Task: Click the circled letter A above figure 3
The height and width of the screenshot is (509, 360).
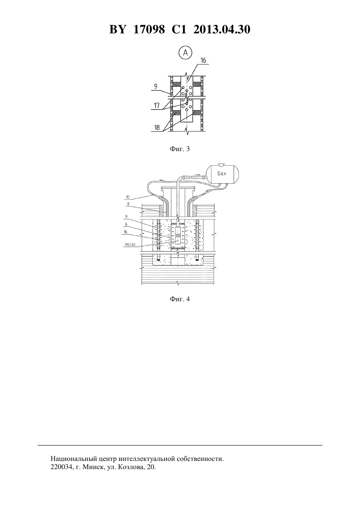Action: (x=186, y=53)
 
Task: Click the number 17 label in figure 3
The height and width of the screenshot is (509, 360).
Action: (x=156, y=106)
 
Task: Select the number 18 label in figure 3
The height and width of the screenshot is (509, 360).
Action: (x=157, y=128)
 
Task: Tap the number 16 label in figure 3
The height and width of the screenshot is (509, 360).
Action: (x=203, y=60)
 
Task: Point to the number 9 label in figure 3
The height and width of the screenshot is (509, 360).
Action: (x=156, y=86)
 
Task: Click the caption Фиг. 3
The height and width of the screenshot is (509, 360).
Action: (x=180, y=149)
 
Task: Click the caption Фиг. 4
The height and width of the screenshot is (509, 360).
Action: (x=180, y=299)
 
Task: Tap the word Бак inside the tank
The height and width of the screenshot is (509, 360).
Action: (x=222, y=174)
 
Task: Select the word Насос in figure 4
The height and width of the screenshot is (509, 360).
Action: (x=130, y=244)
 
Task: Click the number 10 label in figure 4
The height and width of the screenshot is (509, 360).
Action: (x=128, y=197)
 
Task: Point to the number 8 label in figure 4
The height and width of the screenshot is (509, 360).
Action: (x=128, y=204)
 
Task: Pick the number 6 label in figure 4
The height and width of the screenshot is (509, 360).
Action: (x=126, y=224)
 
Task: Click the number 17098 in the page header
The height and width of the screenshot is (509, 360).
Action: (x=149, y=29)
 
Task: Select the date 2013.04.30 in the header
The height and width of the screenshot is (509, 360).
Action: (x=222, y=29)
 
